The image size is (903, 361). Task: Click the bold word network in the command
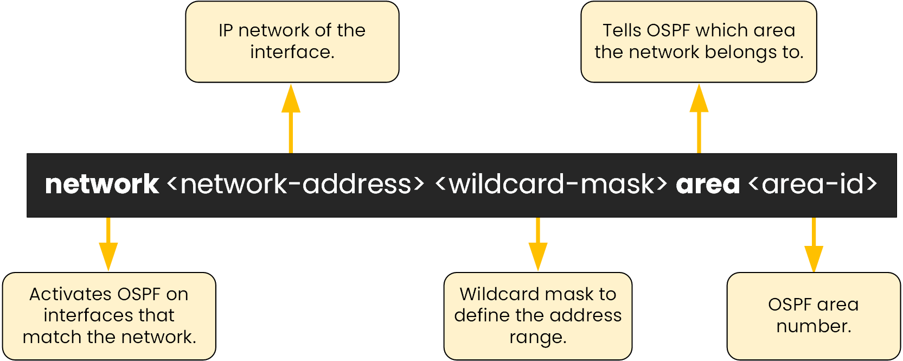[x=101, y=185]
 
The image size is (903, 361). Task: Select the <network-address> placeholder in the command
[x=296, y=185]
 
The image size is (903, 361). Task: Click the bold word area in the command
[x=708, y=185]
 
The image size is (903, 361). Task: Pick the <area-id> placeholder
[x=812, y=185]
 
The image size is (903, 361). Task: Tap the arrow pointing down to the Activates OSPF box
[x=108, y=244]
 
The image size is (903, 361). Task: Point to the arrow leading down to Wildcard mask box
[x=538, y=244]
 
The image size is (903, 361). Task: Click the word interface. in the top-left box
[x=292, y=52]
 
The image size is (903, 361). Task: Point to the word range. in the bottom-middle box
[x=538, y=338]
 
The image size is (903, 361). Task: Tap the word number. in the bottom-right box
[x=814, y=326]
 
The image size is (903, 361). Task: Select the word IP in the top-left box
[x=226, y=30]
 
